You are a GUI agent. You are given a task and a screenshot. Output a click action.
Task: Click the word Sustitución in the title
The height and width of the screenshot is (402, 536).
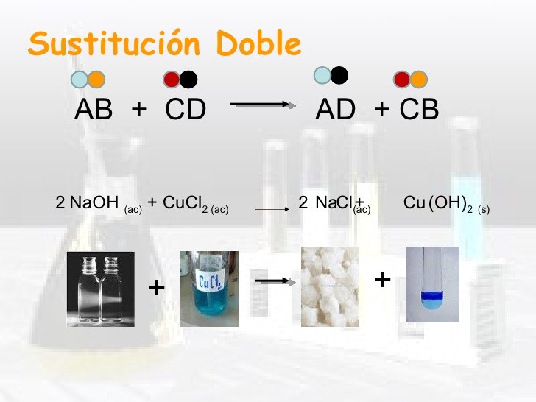pyautogui.click(x=114, y=43)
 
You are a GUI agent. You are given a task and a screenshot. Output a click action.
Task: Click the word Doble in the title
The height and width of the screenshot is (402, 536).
pyautogui.click(x=258, y=43)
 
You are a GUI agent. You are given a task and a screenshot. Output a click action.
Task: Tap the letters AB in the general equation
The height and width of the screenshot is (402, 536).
pyautogui.click(x=94, y=109)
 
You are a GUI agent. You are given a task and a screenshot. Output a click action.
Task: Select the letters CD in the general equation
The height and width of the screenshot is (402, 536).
pyautogui.click(x=186, y=109)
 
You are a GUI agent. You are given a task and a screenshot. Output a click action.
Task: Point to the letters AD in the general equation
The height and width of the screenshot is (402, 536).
pyautogui.click(x=335, y=109)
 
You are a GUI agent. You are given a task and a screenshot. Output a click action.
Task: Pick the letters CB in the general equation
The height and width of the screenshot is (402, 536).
pyautogui.click(x=419, y=109)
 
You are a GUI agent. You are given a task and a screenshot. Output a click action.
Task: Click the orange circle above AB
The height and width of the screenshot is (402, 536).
pyautogui.click(x=96, y=80)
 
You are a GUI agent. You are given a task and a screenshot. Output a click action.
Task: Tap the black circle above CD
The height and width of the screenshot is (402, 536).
pyautogui.click(x=188, y=80)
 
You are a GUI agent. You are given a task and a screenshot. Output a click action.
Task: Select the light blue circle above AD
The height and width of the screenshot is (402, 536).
pyautogui.click(x=322, y=75)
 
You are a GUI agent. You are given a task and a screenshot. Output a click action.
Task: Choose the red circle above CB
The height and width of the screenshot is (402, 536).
pyautogui.click(x=402, y=80)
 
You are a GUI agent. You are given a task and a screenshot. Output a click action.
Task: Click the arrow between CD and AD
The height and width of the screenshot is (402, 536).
pyautogui.click(x=263, y=105)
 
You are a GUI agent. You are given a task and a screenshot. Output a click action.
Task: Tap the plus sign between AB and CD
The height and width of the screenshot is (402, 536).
pyautogui.click(x=138, y=110)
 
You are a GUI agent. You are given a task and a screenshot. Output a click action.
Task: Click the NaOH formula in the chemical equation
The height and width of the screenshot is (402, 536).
pyautogui.click(x=94, y=202)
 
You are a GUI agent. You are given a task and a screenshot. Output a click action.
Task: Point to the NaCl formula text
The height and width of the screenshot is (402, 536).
pyautogui.click(x=334, y=202)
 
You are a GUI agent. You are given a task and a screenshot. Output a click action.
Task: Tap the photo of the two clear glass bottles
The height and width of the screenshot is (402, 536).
pyautogui.click(x=100, y=289)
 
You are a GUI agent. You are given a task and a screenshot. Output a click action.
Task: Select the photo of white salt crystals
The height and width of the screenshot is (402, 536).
pyautogui.click(x=330, y=287)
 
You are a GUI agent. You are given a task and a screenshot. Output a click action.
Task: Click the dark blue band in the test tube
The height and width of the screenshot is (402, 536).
pyautogui.click(x=432, y=295)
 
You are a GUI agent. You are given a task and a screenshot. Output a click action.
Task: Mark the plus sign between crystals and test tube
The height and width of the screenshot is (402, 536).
pyautogui.click(x=383, y=280)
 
